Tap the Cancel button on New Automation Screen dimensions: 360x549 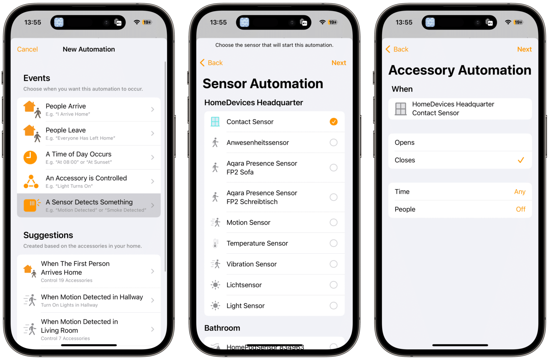[28, 49]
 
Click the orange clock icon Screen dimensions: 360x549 [30, 157]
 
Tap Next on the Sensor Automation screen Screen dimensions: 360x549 [338, 63]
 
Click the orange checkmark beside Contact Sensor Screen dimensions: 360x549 [333, 122]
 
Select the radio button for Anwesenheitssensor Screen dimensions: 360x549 [333, 142]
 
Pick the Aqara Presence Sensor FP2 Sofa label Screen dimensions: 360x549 [262, 168]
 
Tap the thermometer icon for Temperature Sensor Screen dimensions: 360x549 [215, 244]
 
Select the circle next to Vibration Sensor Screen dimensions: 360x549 [333, 264]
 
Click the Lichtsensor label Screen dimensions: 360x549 [244, 285]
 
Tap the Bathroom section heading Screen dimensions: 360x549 [222, 328]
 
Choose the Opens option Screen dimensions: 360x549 [405, 142]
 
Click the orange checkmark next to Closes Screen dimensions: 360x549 [521, 160]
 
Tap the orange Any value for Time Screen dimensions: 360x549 [520, 192]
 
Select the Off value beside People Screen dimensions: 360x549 [520, 209]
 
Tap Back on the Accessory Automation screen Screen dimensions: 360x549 [397, 49]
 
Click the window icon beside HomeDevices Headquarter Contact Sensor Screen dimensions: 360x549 [401, 109]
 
